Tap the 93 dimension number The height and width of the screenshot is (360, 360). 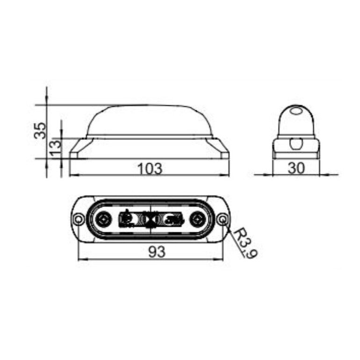(157, 252)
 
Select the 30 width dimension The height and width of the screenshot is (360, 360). (295, 168)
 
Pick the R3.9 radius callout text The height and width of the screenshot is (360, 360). (246, 243)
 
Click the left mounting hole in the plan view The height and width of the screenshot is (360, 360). (79, 218)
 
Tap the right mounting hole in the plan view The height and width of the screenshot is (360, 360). (223, 218)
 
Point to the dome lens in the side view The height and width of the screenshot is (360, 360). (150, 120)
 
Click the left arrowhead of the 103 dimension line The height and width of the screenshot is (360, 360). (73, 175)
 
